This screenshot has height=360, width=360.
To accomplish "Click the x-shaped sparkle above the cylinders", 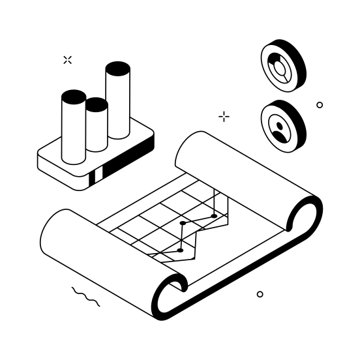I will (x=67, y=60).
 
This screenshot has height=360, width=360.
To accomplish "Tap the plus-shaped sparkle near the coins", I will (x=224, y=117).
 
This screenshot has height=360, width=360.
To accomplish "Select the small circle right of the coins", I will (x=320, y=105).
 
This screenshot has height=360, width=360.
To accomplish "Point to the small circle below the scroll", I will (x=260, y=294).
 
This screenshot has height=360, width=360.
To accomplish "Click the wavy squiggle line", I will (x=85, y=297).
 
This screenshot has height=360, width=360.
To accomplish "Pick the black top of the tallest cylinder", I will (x=117, y=68).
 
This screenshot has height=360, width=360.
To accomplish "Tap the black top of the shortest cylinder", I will (x=96, y=104).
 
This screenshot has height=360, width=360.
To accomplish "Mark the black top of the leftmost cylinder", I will (x=74, y=97).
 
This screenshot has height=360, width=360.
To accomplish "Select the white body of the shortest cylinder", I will (x=97, y=130).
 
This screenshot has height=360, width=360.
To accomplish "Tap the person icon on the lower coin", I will (x=278, y=127).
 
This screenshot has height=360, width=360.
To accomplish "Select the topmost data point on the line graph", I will (x=214, y=216).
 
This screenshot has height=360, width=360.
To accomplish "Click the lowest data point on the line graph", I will (x=180, y=250).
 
